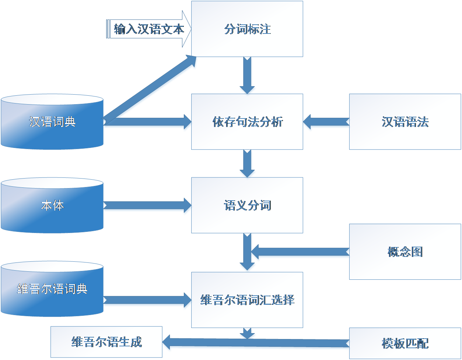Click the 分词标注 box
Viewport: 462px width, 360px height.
point(247,29)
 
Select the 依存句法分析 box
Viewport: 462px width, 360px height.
point(247,121)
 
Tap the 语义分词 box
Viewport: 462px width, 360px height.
point(247,205)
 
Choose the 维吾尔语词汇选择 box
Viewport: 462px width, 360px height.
point(247,300)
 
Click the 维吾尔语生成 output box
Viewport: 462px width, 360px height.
point(106,342)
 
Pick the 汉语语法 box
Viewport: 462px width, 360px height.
point(405,121)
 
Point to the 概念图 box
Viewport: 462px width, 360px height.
point(405,252)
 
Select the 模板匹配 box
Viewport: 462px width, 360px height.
point(405,343)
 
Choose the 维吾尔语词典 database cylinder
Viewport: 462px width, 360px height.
point(52,289)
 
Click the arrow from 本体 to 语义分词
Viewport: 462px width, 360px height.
point(147,205)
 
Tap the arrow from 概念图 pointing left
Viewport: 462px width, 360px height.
point(300,253)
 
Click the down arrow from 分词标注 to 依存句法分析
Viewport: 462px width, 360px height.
point(247,75)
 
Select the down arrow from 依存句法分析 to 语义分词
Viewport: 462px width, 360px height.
point(247,163)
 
